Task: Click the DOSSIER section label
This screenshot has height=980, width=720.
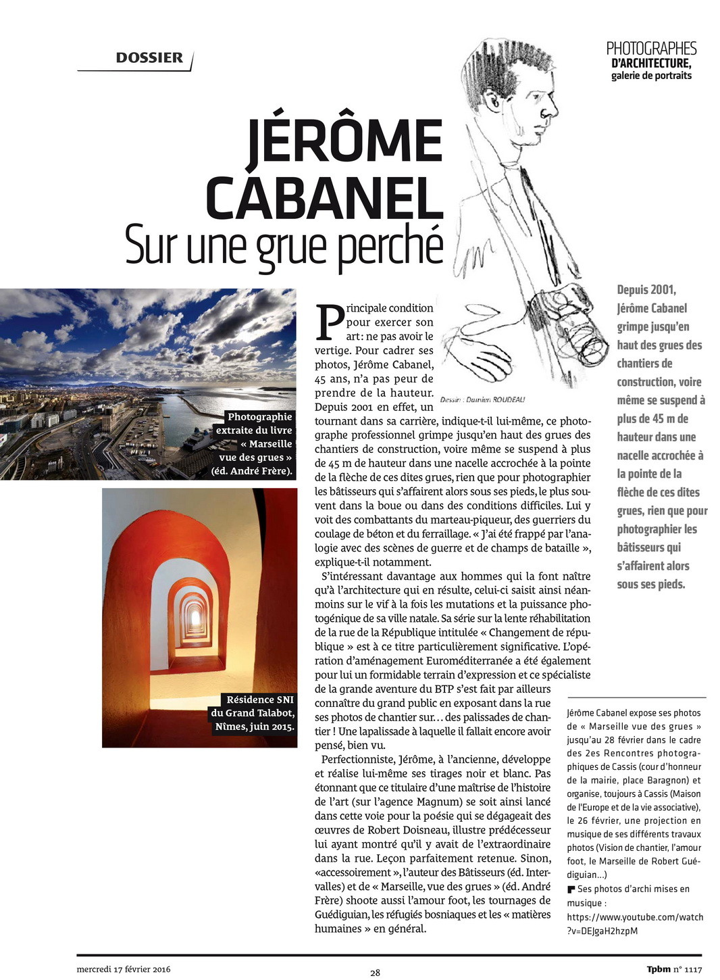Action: point(149,58)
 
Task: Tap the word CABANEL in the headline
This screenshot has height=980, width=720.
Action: point(324,197)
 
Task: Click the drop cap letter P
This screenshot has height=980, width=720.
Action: point(330,323)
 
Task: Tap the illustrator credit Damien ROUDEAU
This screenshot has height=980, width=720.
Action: point(482,399)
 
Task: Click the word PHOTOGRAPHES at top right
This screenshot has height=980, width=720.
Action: point(651,48)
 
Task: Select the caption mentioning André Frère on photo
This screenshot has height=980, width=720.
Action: point(255,444)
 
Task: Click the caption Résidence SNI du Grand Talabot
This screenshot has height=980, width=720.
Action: point(253,713)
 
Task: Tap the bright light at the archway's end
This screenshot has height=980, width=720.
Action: point(197,616)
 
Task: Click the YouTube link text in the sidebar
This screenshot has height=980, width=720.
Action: point(635,924)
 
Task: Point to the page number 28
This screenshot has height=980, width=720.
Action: point(375,973)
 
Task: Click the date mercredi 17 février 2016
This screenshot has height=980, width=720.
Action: point(124,969)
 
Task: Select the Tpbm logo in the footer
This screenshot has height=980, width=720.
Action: point(659,969)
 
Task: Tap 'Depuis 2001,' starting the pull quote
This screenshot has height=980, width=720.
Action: point(646,290)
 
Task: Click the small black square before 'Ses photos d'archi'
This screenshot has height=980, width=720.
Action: point(571,889)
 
